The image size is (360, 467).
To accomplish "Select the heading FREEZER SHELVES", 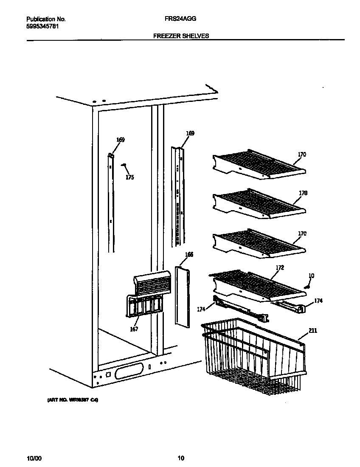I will pos(181,36).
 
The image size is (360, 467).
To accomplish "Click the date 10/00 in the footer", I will pos(34,458).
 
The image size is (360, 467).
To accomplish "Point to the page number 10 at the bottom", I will pos(181,458).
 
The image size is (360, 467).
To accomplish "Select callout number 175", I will pos(129,177).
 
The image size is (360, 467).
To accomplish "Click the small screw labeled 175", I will pos(124,165).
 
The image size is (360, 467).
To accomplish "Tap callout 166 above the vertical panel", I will pos(189,255).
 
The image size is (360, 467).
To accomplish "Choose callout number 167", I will pos(134,329).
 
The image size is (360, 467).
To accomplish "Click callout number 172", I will pos(280,267).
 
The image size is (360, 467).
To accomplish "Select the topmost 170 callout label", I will pos(302,155).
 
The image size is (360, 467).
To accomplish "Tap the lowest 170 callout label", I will pos(302,233).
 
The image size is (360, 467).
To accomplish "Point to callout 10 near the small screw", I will pos(311,276).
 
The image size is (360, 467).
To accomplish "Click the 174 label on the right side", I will pos(318,301).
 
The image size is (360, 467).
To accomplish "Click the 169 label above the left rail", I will pos(121,140).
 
